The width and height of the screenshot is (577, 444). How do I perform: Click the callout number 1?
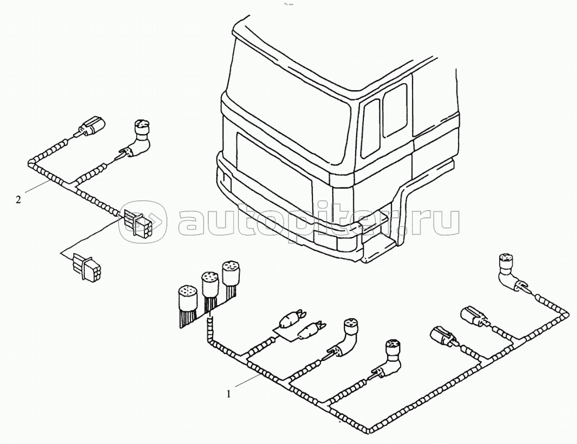pos(229,394)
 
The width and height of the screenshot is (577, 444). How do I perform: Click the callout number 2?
pos(18,199)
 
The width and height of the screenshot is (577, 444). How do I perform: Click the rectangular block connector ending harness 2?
pos(136,223)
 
